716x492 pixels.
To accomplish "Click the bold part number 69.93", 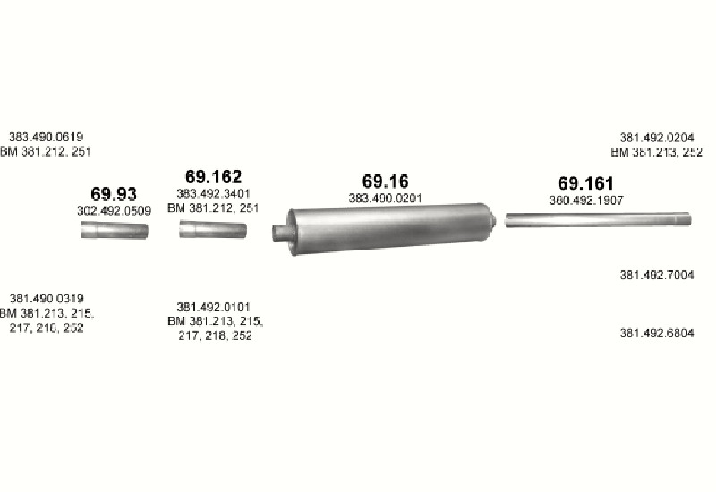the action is click(x=114, y=194).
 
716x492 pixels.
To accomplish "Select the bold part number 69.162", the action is click(x=213, y=176).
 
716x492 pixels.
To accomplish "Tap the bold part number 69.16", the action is click(x=386, y=182).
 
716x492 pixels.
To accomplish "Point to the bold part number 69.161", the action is click(x=586, y=183).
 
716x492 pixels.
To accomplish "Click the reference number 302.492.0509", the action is click(x=114, y=211).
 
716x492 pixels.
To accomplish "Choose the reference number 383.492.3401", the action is click(x=213, y=193).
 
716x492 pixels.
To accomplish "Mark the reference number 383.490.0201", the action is click(x=386, y=199).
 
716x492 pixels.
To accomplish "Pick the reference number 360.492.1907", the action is click(x=586, y=200).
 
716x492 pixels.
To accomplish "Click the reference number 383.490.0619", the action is click(x=47, y=137).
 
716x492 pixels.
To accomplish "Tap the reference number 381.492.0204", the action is click(x=657, y=138).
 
